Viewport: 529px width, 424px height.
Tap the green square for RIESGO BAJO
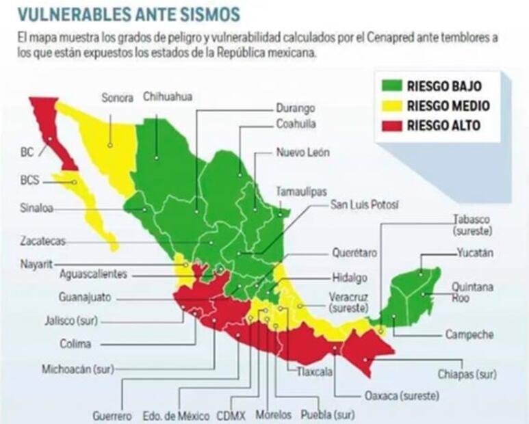391,86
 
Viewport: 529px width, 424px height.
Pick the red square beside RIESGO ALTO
391,125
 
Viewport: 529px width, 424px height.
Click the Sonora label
117,97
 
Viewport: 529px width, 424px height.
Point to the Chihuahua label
168,96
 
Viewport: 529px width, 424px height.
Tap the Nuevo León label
302,153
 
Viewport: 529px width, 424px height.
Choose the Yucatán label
475,252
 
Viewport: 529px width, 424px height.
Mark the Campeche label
469,334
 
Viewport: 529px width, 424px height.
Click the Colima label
75,344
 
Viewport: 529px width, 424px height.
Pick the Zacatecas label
41,241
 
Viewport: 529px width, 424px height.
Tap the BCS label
30,182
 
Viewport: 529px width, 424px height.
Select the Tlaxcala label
314,372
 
